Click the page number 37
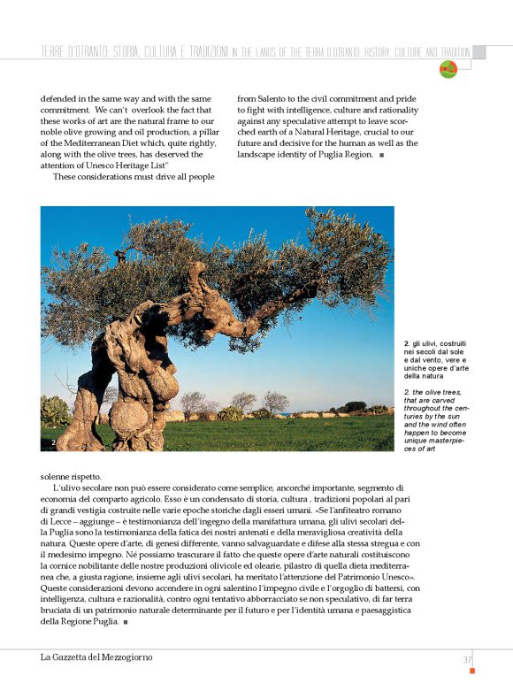click(x=467, y=659)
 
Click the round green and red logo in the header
click(x=448, y=69)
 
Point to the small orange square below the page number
click(x=472, y=672)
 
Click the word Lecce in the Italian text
click(x=60, y=526)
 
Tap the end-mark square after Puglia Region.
click(x=381, y=155)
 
